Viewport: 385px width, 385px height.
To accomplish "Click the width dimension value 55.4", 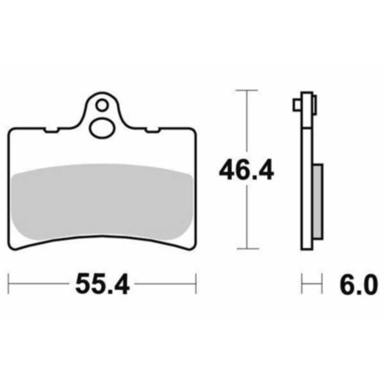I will tap(102, 284).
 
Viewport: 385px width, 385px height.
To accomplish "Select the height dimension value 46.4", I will tap(246, 170).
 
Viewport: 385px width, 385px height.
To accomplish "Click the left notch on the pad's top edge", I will tap(51, 130).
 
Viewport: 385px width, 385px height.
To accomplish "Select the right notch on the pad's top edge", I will tap(150, 130).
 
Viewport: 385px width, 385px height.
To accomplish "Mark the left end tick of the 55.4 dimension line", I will tap(9, 284).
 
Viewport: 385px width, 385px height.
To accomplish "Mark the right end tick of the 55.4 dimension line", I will tap(196, 284).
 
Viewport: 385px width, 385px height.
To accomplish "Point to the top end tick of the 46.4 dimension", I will tap(246, 89).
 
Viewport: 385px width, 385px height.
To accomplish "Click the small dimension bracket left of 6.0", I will tap(311, 285).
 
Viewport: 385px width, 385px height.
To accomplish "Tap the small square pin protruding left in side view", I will tap(296, 104).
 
